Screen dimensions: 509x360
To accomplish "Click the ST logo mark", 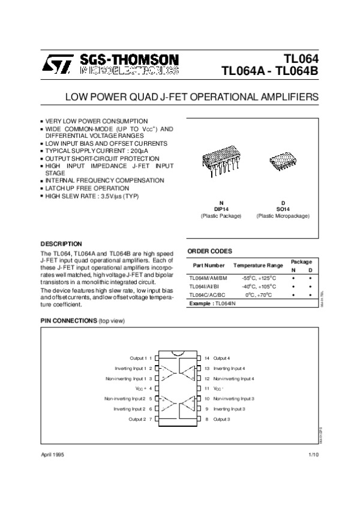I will pos(56,63).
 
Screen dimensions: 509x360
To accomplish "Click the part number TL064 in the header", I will pos(304,59).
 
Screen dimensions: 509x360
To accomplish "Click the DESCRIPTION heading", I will pos(61,244).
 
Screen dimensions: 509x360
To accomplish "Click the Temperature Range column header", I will pos(258,265).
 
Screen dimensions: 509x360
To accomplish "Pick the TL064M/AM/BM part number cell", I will pos(208,278).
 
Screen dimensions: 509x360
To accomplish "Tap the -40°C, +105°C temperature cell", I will pos(258,287).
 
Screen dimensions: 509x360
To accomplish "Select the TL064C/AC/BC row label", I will pos(208,295).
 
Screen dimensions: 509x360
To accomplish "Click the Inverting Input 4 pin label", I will pos(229,368).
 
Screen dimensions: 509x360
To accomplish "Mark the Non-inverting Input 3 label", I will pos(233,399).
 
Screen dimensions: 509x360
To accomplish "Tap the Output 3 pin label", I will pos(222,419).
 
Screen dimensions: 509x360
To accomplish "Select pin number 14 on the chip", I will pos(206,357).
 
